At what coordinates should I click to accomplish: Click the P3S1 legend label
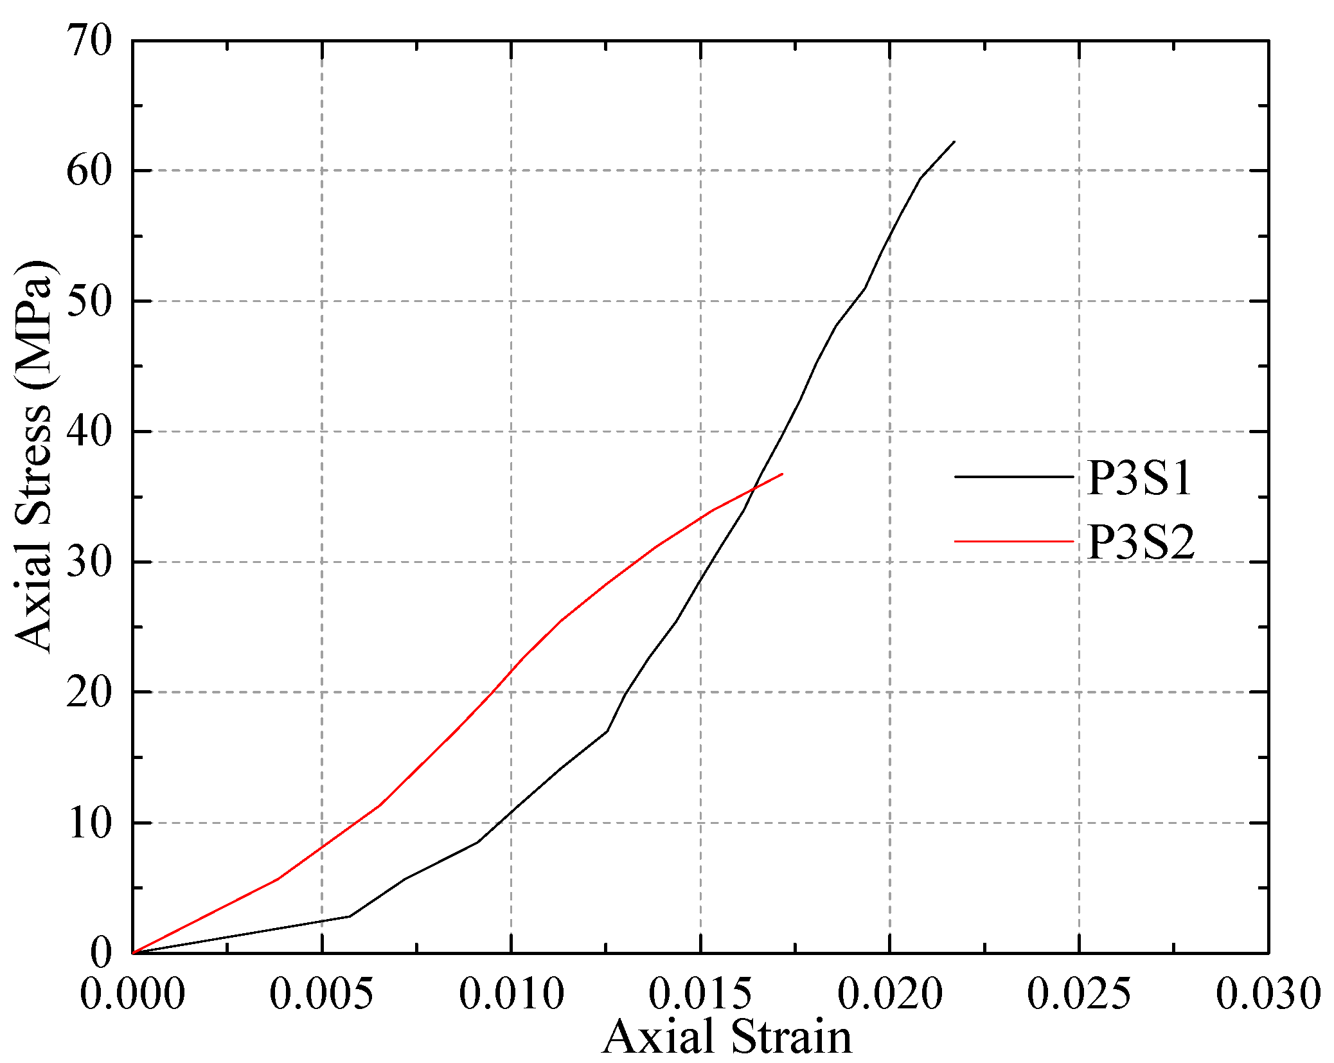coord(1139,479)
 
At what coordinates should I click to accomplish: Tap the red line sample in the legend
coord(1013,542)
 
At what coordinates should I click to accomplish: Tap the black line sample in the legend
coord(1013,477)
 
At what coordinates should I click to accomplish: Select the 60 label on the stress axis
coord(89,171)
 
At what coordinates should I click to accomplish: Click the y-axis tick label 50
coord(89,301)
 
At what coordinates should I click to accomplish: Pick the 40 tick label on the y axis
coord(89,432)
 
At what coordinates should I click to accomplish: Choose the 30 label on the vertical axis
coord(89,562)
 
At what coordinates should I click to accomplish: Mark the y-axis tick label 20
coord(89,693)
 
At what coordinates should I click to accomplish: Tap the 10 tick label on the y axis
coord(89,823)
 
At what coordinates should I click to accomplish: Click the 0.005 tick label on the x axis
coord(321,994)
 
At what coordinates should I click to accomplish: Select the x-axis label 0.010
coord(511,994)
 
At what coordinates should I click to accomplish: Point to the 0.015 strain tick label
coord(700,994)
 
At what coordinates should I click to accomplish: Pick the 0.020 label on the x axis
coord(889,994)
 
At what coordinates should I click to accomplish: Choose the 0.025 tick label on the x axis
coord(1078,994)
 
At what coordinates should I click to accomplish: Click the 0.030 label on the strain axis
coord(1267,994)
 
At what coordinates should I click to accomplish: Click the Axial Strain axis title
coord(727,1037)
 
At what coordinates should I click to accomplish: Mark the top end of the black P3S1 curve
coord(954,141)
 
